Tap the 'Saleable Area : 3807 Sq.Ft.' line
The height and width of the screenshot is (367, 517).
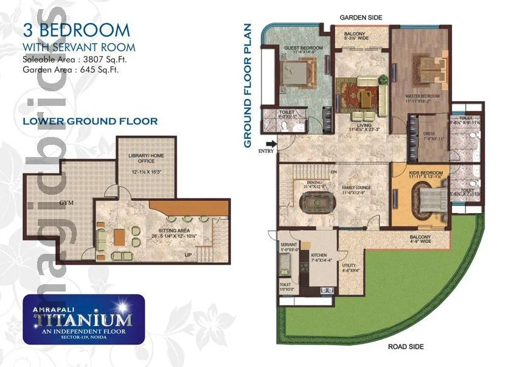pyautogui.click(x=75, y=60)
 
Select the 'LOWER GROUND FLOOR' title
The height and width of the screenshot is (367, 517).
pyautogui.click(x=90, y=121)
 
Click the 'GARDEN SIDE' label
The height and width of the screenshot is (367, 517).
pyautogui.click(x=361, y=18)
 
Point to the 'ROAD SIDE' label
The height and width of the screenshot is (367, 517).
pyautogui.click(x=406, y=346)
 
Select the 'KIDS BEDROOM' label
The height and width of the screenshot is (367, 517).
pyautogui.click(x=426, y=173)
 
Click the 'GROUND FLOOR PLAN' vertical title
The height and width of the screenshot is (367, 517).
pyautogui.click(x=248, y=85)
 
